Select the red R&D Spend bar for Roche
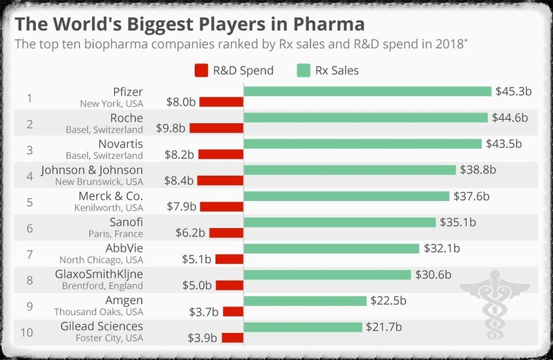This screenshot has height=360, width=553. (x=216, y=128)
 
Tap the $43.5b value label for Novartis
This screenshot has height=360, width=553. (x=503, y=144)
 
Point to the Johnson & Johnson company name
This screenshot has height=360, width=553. (x=92, y=170)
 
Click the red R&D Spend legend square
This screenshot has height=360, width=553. (x=202, y=70)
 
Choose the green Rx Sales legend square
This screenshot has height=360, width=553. (x=302, y=70)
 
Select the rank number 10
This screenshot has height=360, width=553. (x=27, y=332)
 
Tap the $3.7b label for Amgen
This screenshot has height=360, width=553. (x=204, y=312)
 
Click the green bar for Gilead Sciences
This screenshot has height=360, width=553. (x=303, y=327)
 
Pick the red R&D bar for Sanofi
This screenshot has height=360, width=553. (x=226, y=233)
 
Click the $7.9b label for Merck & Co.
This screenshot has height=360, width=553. (x=182, y=207)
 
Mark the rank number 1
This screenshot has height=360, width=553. (x=29, y=97)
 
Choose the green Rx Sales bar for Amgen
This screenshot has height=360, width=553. (x=305, y=301)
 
